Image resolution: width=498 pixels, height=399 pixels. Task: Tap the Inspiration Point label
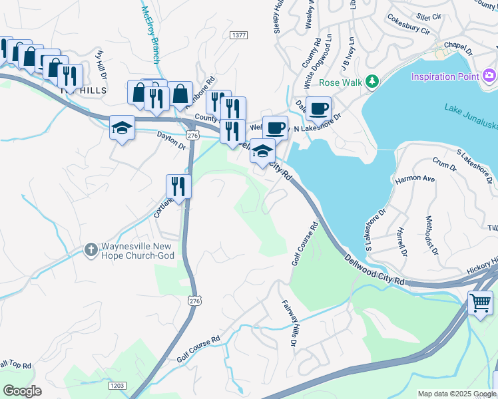pyautogui.click(x=445, y=76)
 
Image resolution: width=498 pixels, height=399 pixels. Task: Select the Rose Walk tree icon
pyautogui.click(x=372, y=82)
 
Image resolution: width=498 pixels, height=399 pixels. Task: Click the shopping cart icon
pyautogui.click(x=480, y=303)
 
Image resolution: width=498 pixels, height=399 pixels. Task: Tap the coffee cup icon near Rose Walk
pyautogui.click(x=319, y=108)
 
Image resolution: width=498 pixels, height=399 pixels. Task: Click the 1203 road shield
pyautogui.click(x=117, y=385)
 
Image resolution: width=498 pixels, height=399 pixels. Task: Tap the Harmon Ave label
pyautogui.click(x=415, y=179)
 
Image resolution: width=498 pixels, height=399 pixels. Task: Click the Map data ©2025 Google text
pyautogui.click(x=457, y=394)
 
